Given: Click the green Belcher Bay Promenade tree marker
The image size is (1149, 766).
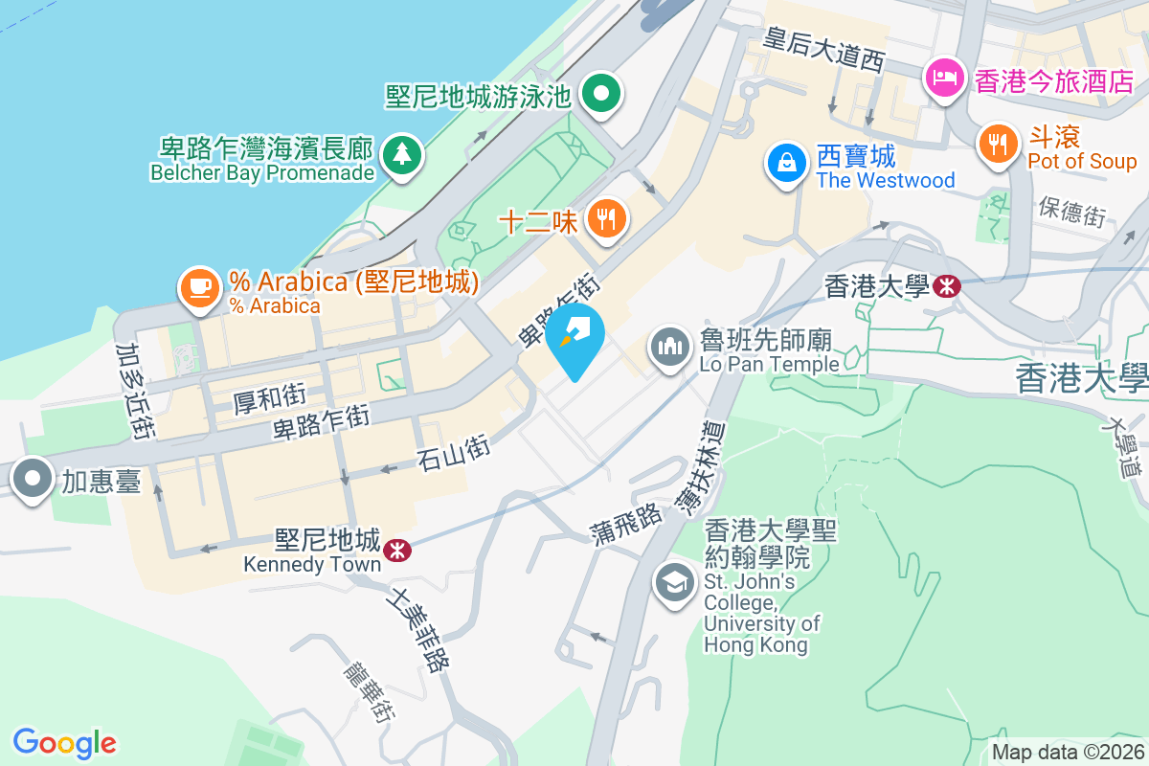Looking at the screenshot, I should click(x=401, y=154).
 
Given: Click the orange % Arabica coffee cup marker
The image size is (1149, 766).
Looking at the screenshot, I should click(x=198, y=286).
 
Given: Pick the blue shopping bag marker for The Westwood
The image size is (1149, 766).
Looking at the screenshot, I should click(x=786, y=162).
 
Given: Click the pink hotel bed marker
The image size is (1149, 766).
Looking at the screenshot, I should click(x=945, y=78).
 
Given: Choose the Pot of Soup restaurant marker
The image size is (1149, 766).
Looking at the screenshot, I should click(x=999, y=145).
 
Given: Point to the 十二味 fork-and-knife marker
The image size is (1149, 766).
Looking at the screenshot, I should click(x=605, y=218).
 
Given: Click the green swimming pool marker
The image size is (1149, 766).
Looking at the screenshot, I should click(x=602, y=93).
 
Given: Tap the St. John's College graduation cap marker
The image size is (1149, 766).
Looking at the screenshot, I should click(x=675, y=581).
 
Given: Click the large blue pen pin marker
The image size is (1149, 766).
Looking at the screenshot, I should click(x=579, y=335).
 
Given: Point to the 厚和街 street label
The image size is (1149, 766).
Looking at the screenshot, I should click(x=269, y=394).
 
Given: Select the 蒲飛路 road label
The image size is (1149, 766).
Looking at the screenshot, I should click(x=627, y=524).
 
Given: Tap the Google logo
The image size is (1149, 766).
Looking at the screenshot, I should click(x=64, y=742).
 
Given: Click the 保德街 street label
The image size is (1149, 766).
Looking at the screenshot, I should click(x=1071, y=212).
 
